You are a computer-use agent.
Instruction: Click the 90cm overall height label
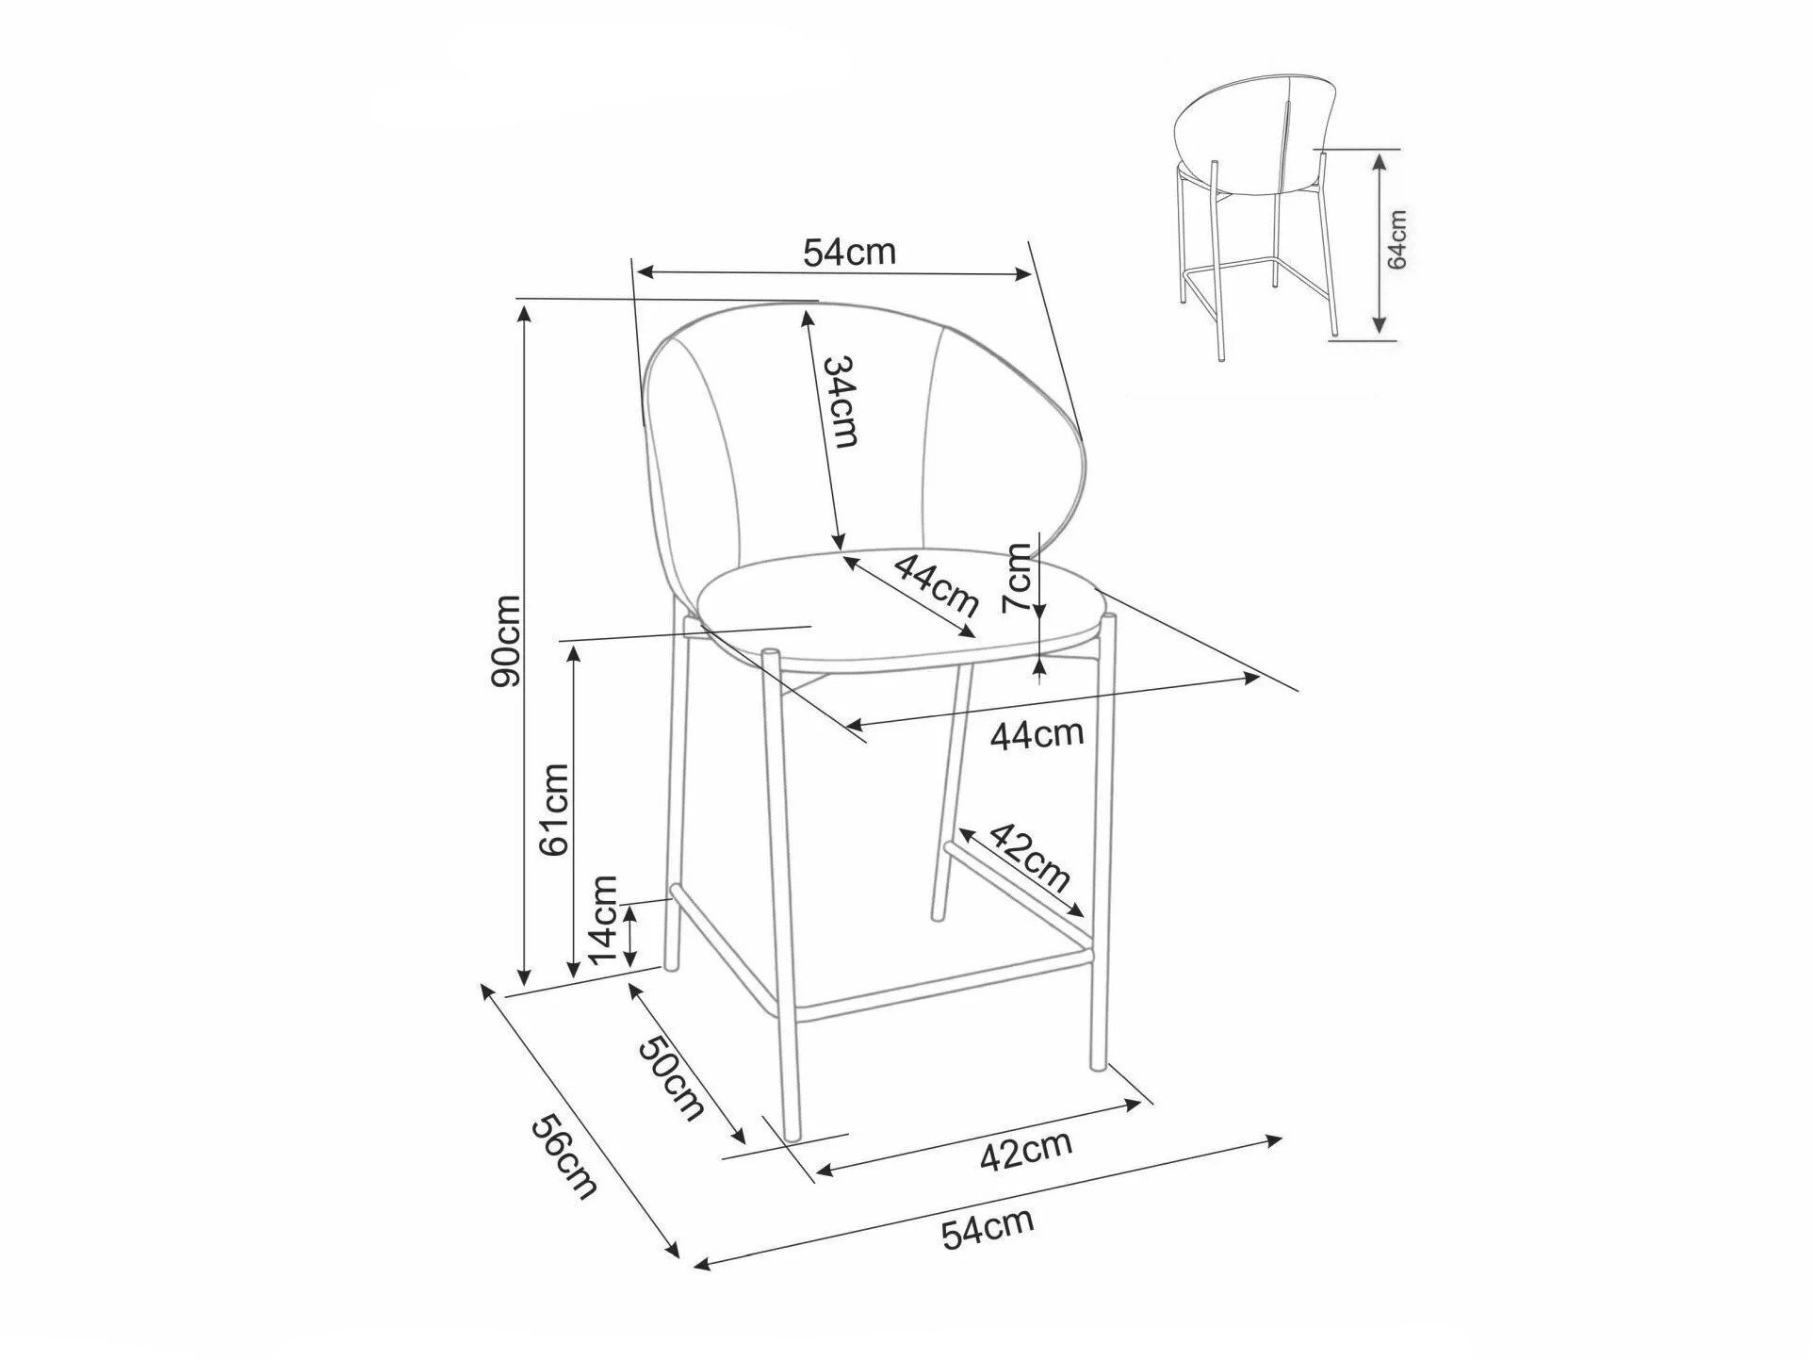click(x=506, y=641)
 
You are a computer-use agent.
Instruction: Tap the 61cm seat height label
click(x=554, y=808)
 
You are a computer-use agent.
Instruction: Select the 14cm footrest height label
click(x=602, y=919)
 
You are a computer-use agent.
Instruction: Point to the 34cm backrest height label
click(x=841, y=401)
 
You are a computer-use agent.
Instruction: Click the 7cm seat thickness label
click(x=1019, y=577)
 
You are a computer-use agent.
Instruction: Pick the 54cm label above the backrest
click(x=848, y=252)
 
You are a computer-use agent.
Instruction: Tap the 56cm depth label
click(x=564, y=1156)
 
